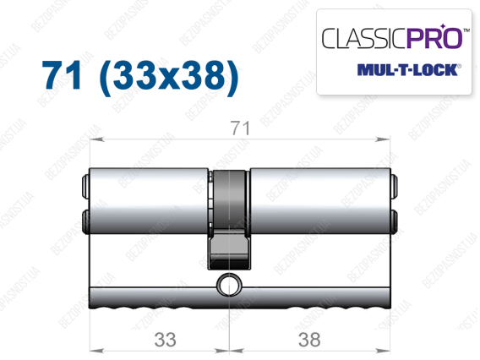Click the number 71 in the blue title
[63, 75]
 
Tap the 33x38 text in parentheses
[169, 77]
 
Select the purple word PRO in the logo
[434, 37]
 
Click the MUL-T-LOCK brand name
[408, 70]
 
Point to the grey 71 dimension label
[240, 128]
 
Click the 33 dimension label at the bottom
[166, 340]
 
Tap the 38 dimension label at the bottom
[309, 340]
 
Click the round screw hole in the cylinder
[229, 286]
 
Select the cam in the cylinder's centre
[230, 219]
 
